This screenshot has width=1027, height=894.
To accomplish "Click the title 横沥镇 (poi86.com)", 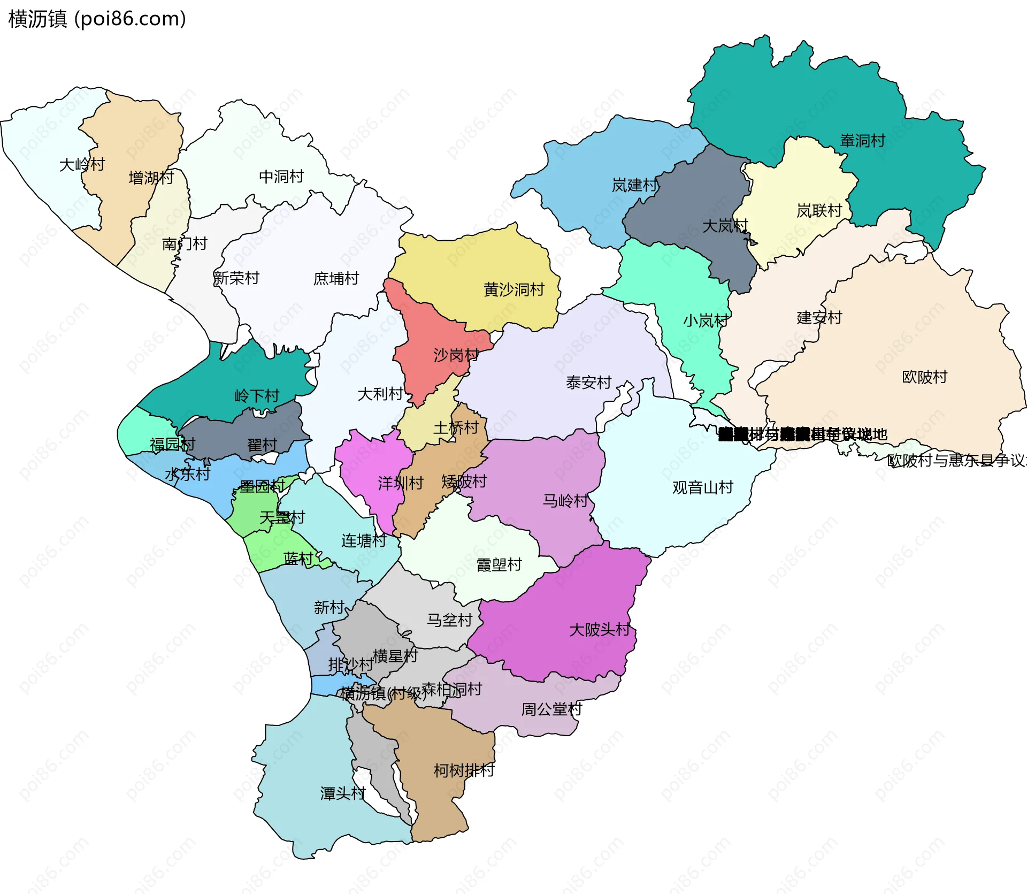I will [97, 19].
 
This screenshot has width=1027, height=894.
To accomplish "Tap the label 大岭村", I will [82, 164].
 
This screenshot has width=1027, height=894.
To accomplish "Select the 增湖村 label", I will [151, 178].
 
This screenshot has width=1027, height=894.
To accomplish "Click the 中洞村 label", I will [281, 177].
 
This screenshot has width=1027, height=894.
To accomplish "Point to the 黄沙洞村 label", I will [513, 289].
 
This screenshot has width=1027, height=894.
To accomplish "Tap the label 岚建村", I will [634, 185].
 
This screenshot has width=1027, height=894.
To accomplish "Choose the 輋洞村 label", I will [862, 141].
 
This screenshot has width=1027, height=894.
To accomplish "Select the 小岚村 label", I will [706, 320].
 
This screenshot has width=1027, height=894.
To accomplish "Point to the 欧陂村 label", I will [924, 377].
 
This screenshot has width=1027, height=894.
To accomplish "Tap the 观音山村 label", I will [702, 487].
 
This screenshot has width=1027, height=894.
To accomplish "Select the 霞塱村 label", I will [499, 564].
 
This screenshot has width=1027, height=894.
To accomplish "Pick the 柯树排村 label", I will [464, 770].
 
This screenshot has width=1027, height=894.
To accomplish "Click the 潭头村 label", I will [343, 793].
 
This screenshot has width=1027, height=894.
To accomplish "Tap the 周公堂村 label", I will [551, 709].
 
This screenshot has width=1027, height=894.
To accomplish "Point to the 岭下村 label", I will [257, 396].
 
